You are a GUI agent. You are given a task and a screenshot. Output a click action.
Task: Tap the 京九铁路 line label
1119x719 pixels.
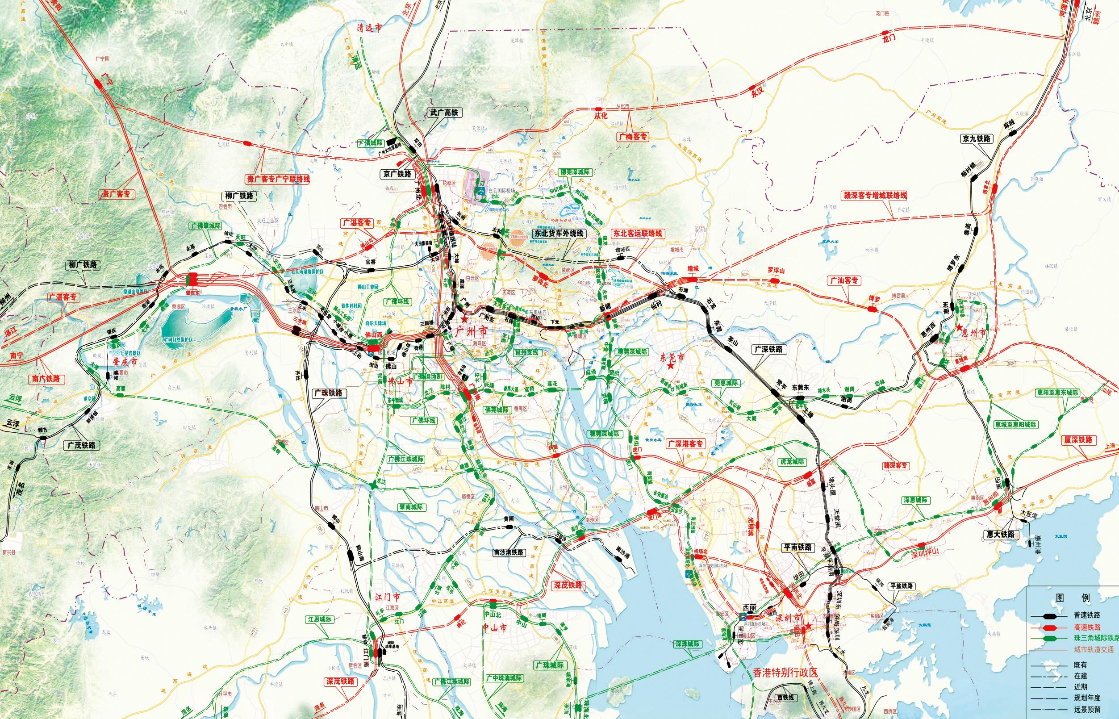[x=976, y=138]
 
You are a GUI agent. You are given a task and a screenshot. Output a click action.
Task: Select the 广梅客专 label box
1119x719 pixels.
[x=634, y=136]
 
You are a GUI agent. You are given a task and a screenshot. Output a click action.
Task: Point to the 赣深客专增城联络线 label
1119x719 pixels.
[x=874, y=196]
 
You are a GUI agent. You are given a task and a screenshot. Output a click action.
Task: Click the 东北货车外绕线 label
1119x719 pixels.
[x=558, y=234]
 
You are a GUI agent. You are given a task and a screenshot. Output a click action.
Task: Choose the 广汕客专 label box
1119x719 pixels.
[x=844, y=280]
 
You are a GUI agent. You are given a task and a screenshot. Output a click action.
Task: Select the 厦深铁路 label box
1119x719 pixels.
[x=1078, y=440]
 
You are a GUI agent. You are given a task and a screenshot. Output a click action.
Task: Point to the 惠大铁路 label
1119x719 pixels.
[x=1000, y=534]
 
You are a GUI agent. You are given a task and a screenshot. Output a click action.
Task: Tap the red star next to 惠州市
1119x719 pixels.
[x=959, y=328]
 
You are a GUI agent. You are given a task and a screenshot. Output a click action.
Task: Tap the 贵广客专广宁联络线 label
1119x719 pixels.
[x=278, y=179]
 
